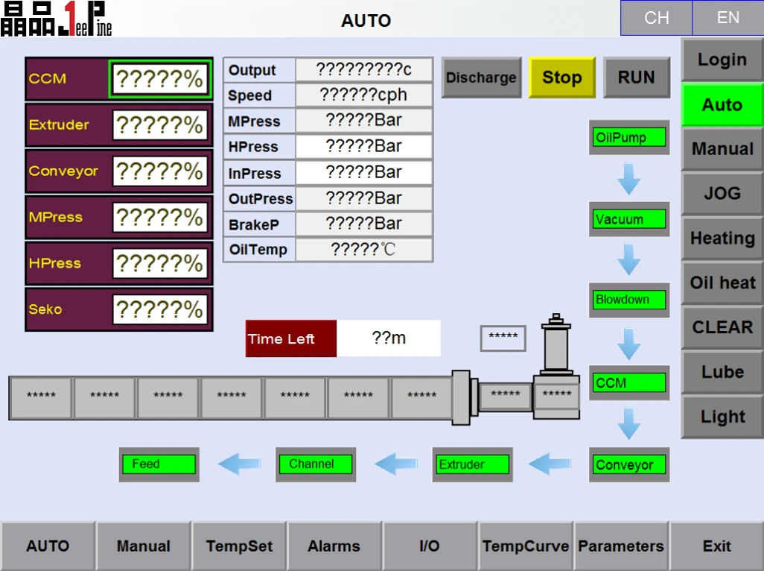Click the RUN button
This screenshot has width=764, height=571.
pos(637,78)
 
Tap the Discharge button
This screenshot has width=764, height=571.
pos(481,78)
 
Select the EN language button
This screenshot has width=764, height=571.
pos(728,18)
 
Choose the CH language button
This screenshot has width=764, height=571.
pos(656,18)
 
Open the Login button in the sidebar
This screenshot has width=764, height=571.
pos(722,60)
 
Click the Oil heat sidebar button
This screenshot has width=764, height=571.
pos(722,283)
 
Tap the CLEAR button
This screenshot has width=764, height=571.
pos(722,327)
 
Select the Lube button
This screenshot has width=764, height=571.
pos(722,372)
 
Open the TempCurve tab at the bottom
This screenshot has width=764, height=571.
pos(525,546)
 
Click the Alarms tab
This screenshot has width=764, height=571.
pos(334,546)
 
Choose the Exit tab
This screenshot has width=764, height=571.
pos(717,546)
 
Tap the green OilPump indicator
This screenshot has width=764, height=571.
pos(629,137)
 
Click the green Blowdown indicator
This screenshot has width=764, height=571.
pos(629,300)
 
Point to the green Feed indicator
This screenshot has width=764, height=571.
pos(159,464)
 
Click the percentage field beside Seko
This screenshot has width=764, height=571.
pos(160,309)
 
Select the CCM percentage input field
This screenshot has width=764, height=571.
pos(160,78)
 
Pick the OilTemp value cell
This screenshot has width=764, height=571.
pos(363,250)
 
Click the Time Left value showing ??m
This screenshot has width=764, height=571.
pos(389,338)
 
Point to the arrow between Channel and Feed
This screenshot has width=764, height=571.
pos(239,464)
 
